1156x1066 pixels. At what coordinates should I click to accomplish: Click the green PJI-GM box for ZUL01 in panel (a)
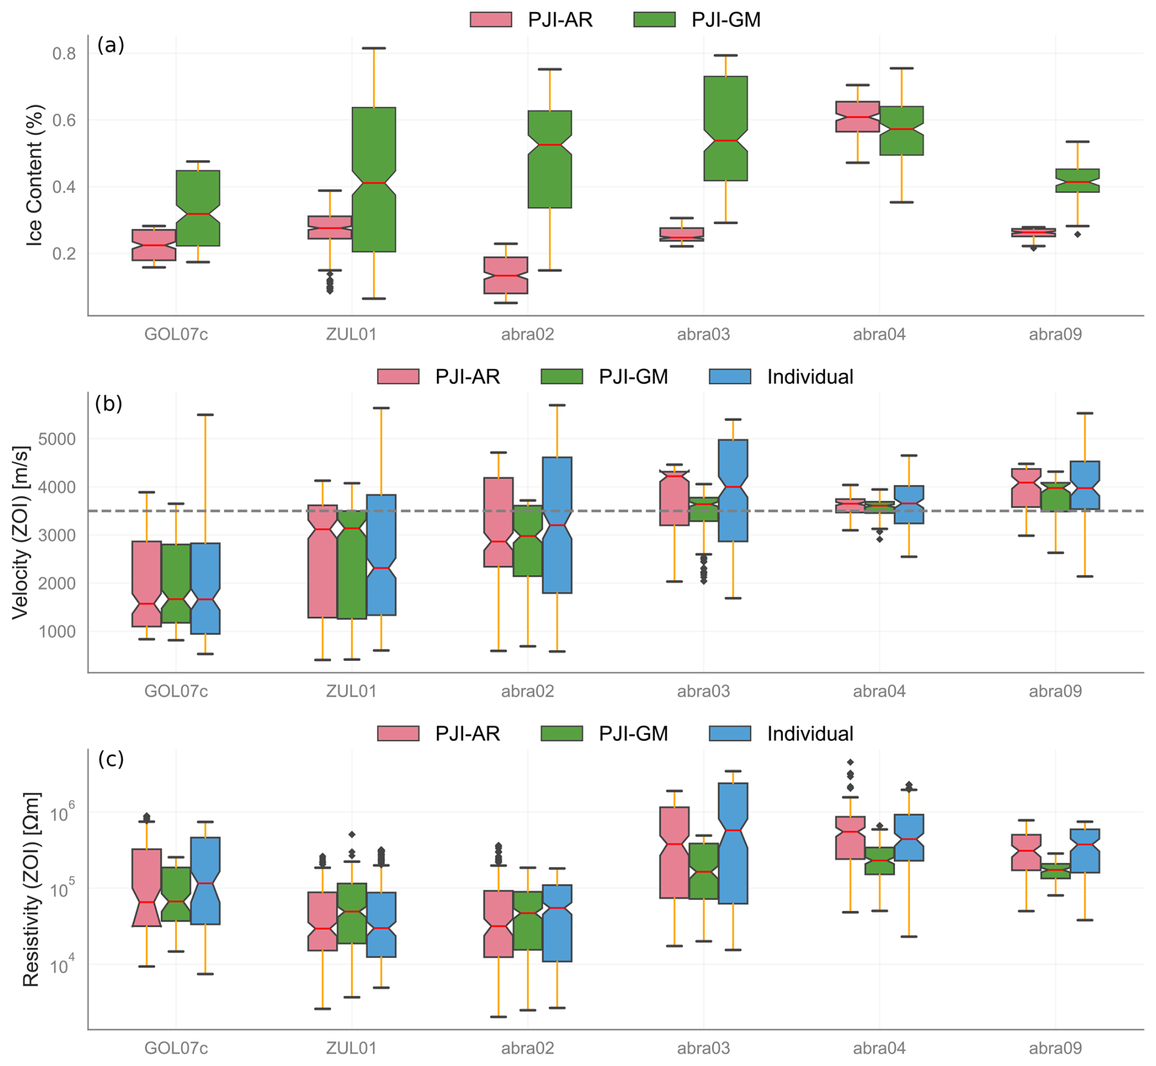pyautogui.click(x=373, y=179)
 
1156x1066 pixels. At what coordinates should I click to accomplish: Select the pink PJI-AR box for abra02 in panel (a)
pyautogui.click(x=505, y=275)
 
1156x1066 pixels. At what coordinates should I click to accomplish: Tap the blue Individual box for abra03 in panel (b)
pyautogui.click(x=733, y=490)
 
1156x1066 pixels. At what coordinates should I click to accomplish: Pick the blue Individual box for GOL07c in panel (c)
pyautogui.click(x=205, y=880)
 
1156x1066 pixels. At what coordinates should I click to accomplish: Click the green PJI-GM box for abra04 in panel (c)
pyautogui.click(x=879, y=860)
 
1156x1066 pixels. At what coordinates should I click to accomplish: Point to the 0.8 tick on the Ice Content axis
pyautogui.click(x=64, y=54)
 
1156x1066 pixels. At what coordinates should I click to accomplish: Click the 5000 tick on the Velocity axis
pyautogui.click(x=57, y=439)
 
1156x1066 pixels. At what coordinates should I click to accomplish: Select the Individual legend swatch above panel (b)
pyautogui.click(x=730, y=376)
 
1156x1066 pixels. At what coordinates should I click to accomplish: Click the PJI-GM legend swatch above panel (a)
pyautogui.click(x=654, y=20)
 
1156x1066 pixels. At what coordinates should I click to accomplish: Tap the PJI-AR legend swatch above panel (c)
pyautogui.click(x=398, y=733)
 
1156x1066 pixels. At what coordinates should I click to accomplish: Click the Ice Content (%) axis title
pyautogui.click(x=35, y=175)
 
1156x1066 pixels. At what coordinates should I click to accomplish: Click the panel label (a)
pyautogui.click(x=111, y=45)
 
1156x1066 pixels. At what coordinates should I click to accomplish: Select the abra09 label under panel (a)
pyautogui.click(x=1055, y=334)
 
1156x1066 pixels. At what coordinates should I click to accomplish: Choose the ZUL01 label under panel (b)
pyautogui.click(x=351, y=691)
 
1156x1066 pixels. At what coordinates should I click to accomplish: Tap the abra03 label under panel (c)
pyautogui.click(x=703, y=1048)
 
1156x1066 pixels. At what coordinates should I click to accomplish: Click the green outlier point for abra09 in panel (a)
pyautogui.click(x=1077, y=235)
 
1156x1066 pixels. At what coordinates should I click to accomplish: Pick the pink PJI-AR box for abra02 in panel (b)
pyautogui.click(x=498, y=522)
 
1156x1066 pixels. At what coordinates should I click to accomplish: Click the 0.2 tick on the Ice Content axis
pyautogui.click(x=64, y=254)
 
